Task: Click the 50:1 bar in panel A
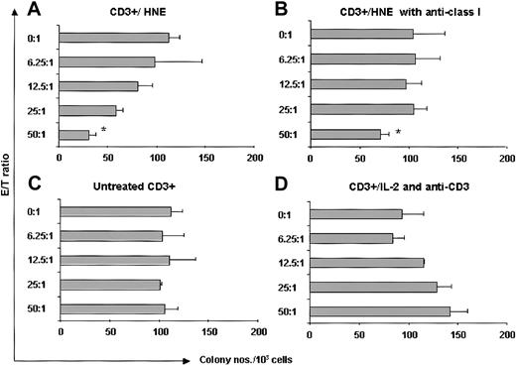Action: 74,134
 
